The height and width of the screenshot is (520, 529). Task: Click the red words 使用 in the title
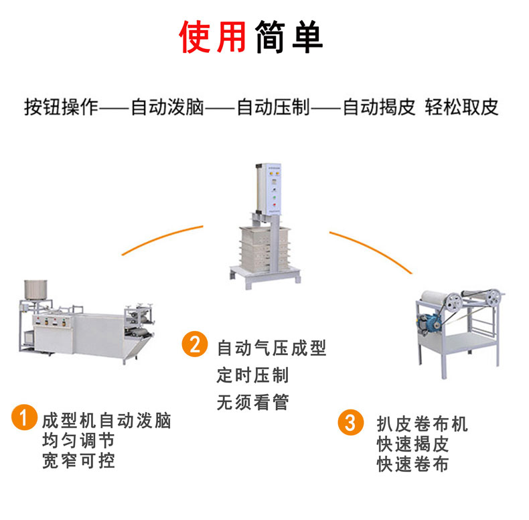tap(212, 37)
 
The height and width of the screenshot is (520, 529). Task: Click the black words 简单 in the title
tap(289, 37)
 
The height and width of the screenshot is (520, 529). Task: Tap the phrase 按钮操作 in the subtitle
tap(61, 108)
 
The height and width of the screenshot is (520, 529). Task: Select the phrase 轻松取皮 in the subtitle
tap(461, 108)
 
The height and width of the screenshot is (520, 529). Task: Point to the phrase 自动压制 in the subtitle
tap(273, 108)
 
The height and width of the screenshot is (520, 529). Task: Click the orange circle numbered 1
tap(24, 417)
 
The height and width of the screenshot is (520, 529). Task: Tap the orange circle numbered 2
tap(195, 344)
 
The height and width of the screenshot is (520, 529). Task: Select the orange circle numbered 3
tap(350, 422)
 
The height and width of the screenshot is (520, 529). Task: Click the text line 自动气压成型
tap(272, 348)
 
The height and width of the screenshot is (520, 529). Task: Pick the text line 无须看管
tap(252, 402)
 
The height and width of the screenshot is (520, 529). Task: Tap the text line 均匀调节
tap(78, 441)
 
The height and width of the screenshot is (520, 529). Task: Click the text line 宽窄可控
tap(78, 461)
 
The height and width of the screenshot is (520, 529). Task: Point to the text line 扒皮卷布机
tap(422, 424)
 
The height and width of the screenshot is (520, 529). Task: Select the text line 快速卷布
tap(412, 464)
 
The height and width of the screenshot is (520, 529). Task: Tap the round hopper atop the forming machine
tap(35, 289)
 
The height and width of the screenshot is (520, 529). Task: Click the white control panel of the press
tap(274, 189)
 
